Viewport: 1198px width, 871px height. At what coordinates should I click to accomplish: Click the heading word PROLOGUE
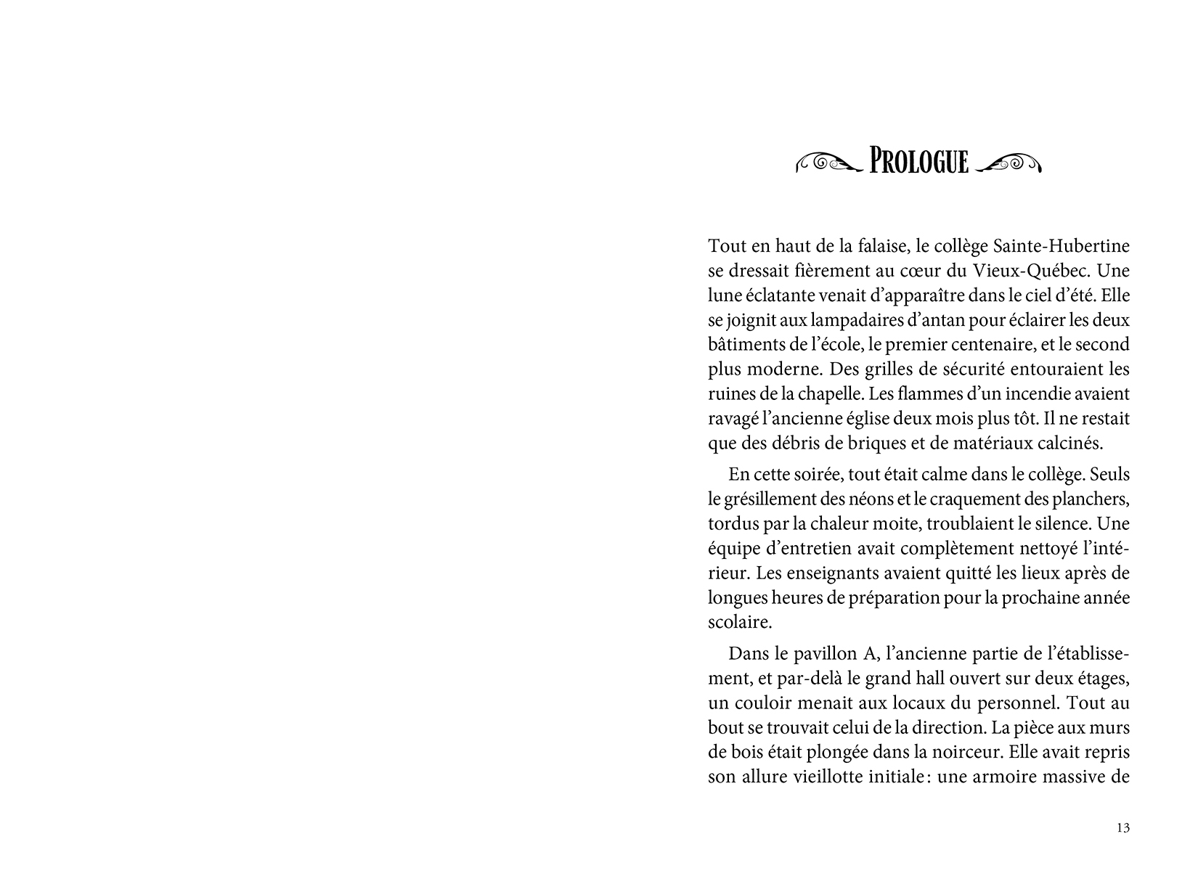918,161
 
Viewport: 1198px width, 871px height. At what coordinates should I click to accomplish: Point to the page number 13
1123,828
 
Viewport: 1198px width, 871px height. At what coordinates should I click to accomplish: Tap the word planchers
1093,499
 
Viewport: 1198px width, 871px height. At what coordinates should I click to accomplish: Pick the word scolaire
738,623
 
